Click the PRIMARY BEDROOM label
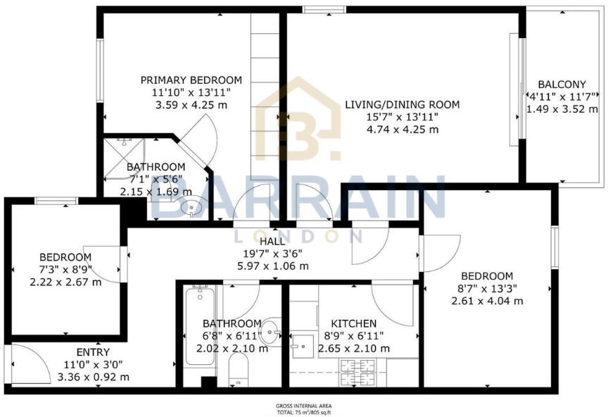coord(191,80)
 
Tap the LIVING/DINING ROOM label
coord(402,105)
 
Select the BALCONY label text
coord(562,83)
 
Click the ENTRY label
coord(94,351)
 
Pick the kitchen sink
coord(303,344)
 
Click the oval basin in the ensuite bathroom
coord(190,208)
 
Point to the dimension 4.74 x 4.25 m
coord(402,130)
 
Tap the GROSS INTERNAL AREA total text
coord(303,409)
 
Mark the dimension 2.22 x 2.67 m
coord(65,282)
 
